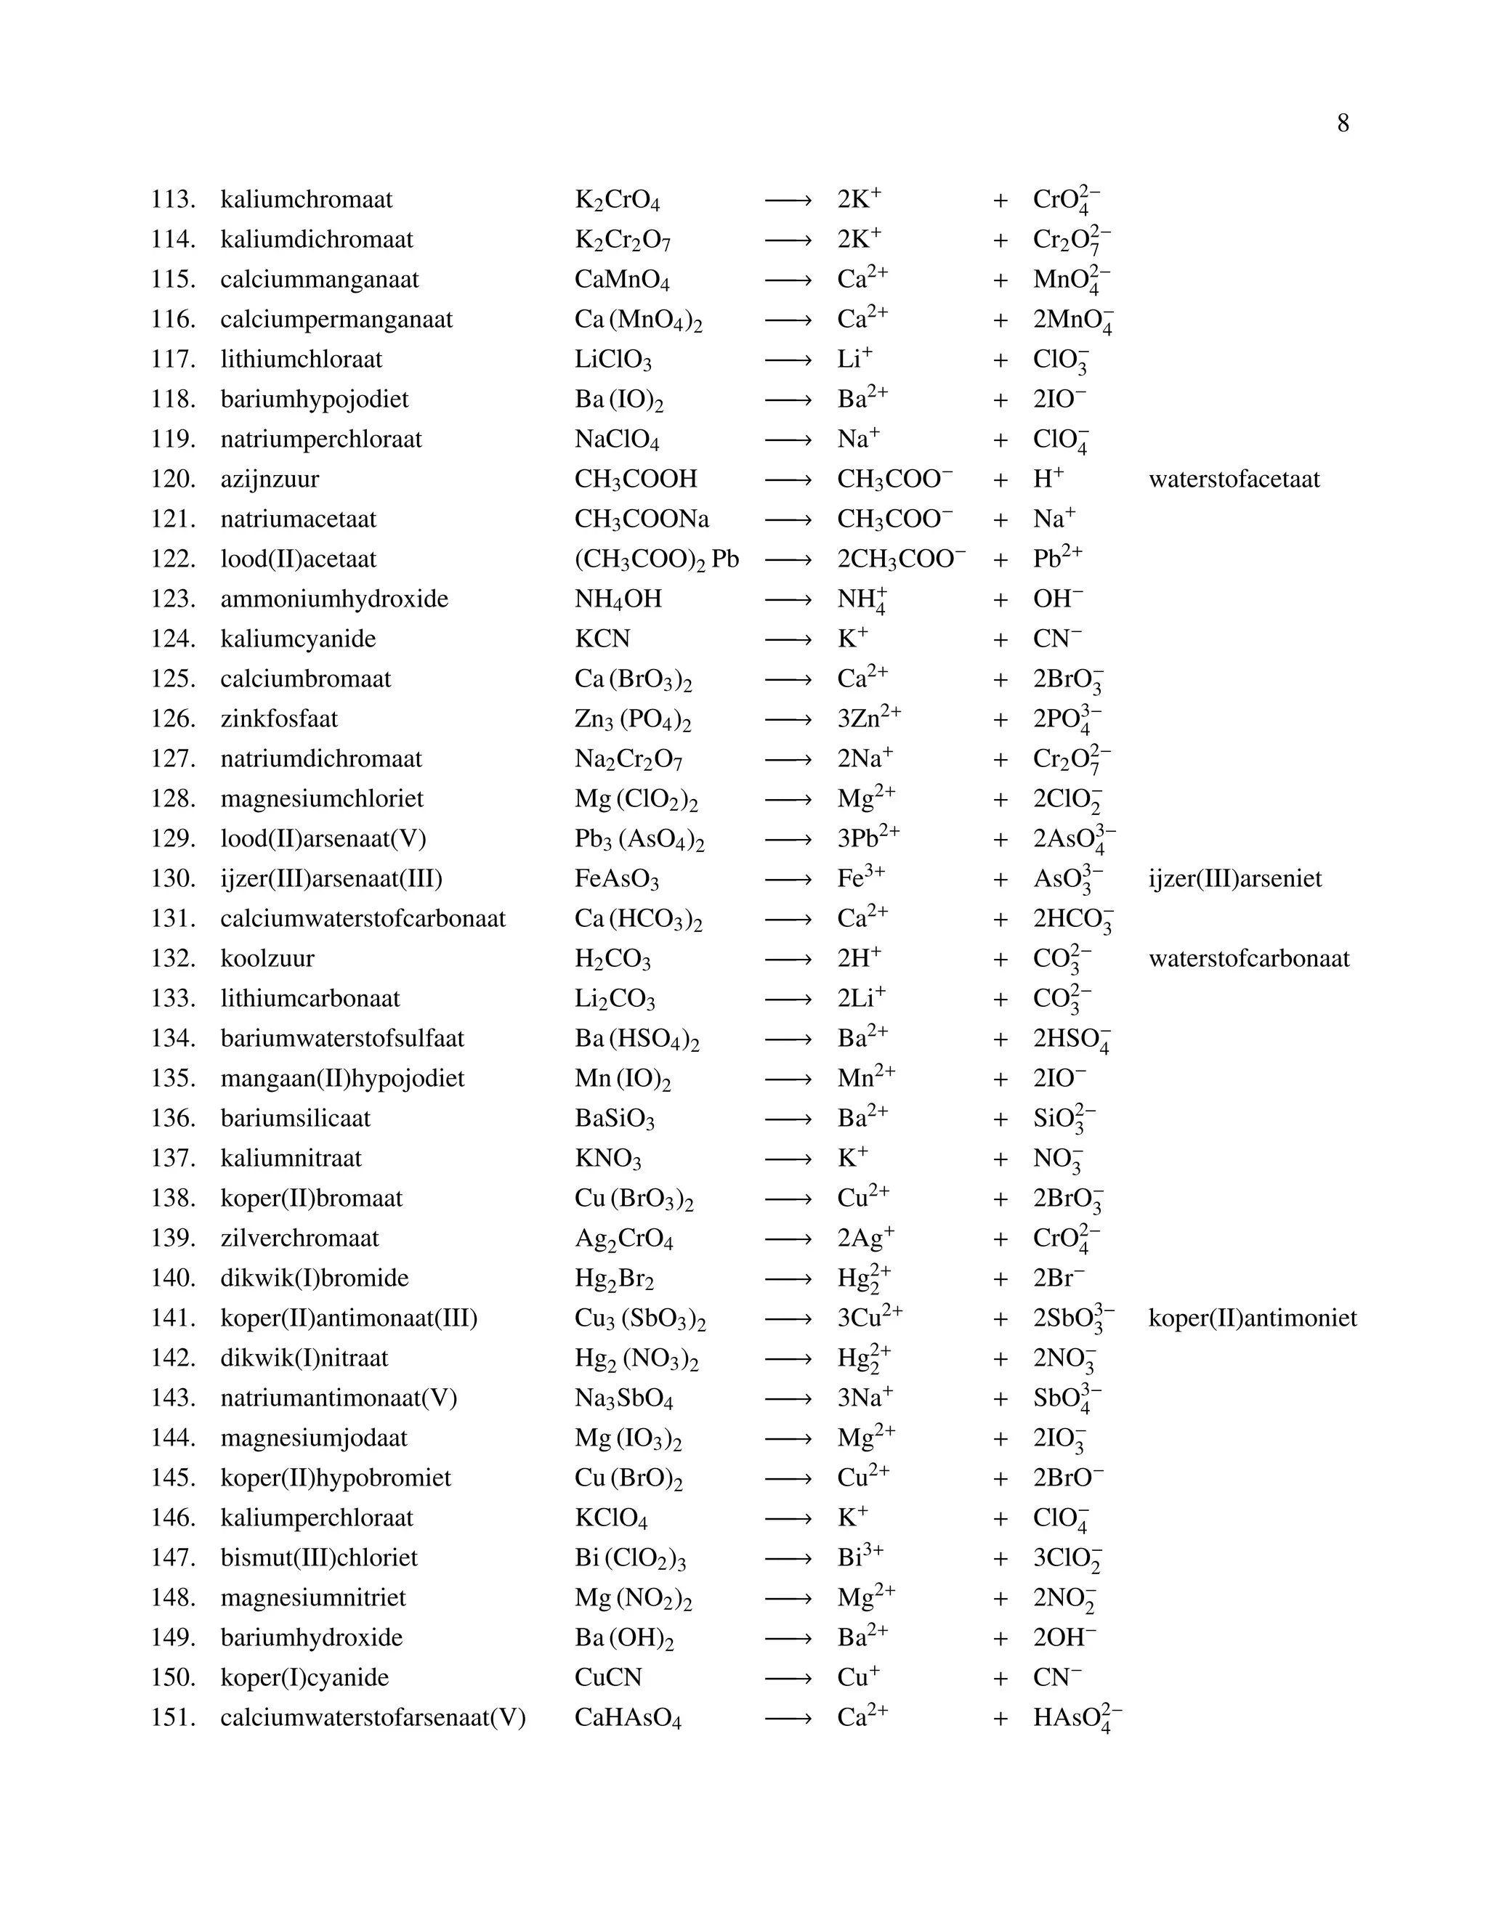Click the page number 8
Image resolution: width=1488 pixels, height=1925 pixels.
[1343, 123]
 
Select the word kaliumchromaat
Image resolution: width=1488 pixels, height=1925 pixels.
[306, 200]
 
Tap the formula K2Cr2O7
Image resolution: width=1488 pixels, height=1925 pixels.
[623, 240]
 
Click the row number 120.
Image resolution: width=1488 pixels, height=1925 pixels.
[173, 479]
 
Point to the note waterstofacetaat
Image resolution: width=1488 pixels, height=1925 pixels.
[1234, 479]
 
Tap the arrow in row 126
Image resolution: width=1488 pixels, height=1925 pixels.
[787, 720]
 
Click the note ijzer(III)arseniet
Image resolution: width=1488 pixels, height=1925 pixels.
[1235, 879]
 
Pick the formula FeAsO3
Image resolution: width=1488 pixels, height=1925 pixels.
[616, 880]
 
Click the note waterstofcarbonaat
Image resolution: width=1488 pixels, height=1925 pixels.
[1248, 959]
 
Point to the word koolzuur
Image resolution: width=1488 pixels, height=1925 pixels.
[267, 959]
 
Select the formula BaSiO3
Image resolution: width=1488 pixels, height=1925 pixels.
[615, 1119]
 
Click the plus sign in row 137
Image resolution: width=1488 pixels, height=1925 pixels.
[1000, 1159]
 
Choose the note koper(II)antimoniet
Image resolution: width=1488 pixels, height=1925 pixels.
[1252, 1318]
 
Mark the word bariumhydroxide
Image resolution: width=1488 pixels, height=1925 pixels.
[311, 1637]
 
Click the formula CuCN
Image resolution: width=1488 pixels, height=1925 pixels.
[608, 1677]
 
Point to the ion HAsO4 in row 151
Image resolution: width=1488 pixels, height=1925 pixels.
[1076, 1718]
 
